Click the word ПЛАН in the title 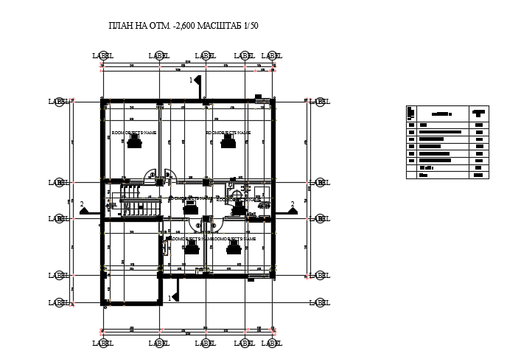122,27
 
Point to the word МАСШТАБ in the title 218,27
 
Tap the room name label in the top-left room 134,133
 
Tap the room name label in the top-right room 228,133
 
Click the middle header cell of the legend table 441,114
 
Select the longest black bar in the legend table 440,133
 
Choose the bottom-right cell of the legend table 479,175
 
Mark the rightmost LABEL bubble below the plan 273,343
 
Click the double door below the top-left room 161,178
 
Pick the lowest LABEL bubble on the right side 319,302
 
